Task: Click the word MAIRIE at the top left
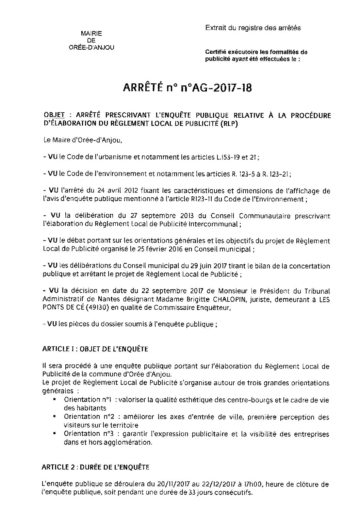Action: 91,33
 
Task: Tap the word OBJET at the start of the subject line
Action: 54,115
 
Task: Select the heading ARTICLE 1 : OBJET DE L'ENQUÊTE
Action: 95,349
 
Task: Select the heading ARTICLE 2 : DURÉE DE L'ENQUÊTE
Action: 95,467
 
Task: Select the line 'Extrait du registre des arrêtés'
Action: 253,28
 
